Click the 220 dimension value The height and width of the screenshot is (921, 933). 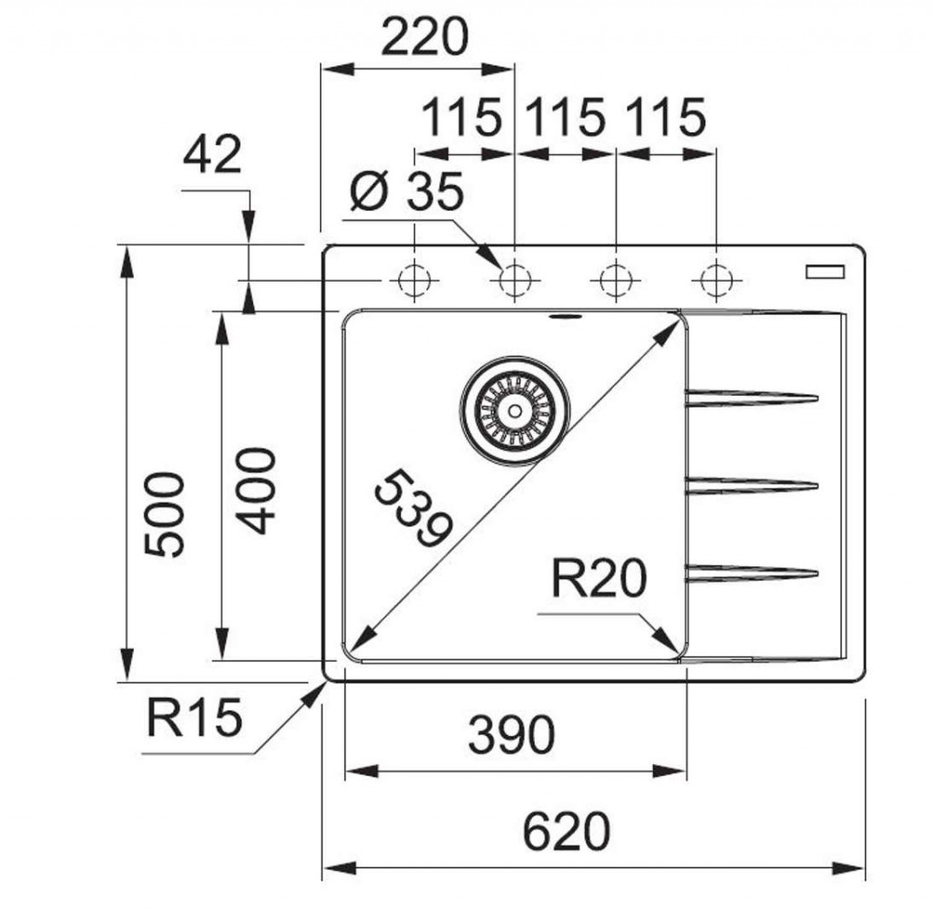point(424,37)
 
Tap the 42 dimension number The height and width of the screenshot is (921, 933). point(212,154)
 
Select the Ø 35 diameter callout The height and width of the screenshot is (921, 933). point(407,192)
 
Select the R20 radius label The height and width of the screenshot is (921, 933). point(599,579)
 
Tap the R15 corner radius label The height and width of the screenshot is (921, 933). point(194,718)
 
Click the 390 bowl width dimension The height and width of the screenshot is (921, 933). point(510,735)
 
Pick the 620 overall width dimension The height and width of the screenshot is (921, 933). point(566,832)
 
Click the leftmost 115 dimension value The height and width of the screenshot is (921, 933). point(461,118)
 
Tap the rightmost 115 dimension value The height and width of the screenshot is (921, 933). point(665,118)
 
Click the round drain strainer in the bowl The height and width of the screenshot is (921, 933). point(515,410)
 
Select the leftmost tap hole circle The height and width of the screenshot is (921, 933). point(415,278)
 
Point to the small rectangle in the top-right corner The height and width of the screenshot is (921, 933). point(825,271)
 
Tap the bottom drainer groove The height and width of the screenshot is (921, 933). point(752,573)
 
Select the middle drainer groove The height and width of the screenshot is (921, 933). point(752,485)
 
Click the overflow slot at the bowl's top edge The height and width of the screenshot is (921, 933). point(565,317)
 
